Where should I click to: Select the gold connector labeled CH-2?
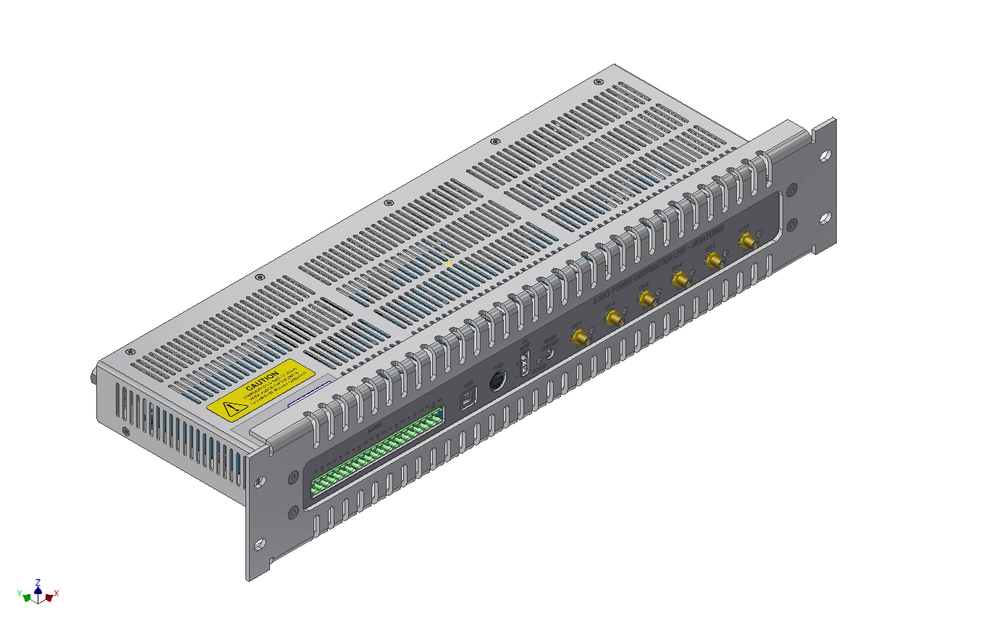613,317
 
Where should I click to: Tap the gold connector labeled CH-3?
646,298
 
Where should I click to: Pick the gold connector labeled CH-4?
680,278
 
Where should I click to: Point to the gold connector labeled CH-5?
713,259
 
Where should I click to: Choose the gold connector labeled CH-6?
746,241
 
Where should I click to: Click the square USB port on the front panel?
469,396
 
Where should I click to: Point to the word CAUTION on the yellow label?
261,381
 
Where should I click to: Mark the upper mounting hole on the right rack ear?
825,154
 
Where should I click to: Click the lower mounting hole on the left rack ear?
258,543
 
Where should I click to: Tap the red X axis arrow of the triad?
49,597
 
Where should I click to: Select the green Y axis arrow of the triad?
27,598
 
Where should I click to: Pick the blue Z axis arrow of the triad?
38,589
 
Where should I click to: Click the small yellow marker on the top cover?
449,264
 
